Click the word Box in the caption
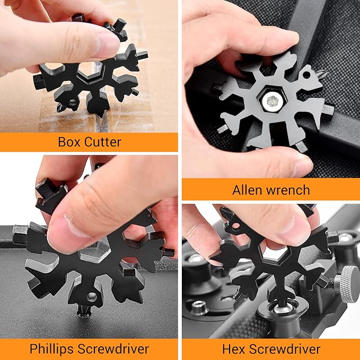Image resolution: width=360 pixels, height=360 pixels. [x=69, y=142]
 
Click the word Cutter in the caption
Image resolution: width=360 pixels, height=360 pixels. [x=103, y=142]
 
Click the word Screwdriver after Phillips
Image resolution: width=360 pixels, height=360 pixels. [x=113, y=349]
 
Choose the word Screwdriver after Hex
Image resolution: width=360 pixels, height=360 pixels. [x=285, y=349]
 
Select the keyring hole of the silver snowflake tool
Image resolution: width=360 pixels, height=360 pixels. [x=306, y=75]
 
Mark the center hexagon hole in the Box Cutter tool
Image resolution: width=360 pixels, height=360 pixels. [x=91, y=70]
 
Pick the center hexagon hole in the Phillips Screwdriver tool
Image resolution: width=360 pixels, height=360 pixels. [x=95, y=253]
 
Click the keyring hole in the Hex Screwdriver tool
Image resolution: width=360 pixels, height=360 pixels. [x=236, y=226]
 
